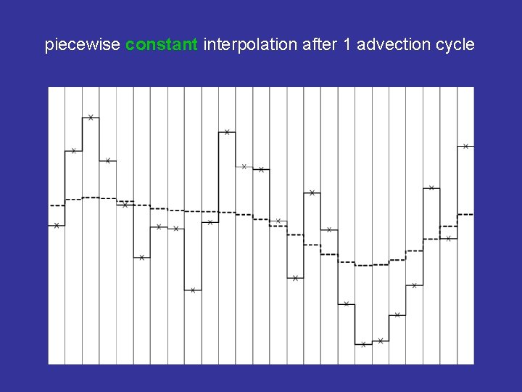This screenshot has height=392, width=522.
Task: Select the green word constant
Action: tap(161, 45)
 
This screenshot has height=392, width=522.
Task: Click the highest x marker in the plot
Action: tap(91, 117)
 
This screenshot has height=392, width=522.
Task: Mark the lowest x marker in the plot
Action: tap(363, 344)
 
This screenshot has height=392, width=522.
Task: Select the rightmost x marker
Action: tap(465, 146)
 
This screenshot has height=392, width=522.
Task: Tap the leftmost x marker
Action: tap(57, 226)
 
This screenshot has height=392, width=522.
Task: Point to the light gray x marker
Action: tap(244, 166)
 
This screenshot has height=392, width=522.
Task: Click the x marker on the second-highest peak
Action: tap(227, 132)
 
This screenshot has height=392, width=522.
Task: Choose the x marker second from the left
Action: tap(73, 151)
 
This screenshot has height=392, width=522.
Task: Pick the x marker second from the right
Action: tap(449, 238)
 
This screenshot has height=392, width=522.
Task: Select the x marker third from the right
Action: tap(431, 188)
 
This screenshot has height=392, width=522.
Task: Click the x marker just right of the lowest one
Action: tap(381, 340)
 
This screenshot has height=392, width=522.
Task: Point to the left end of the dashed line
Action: tap(50, 205)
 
